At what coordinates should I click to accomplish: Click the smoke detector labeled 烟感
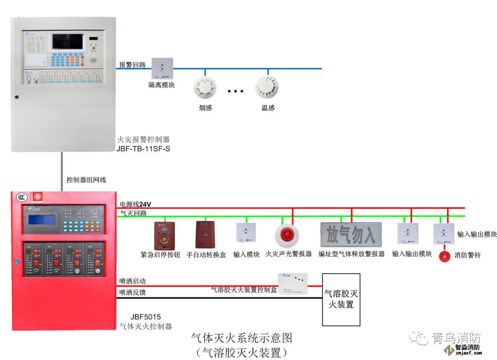point(205,87)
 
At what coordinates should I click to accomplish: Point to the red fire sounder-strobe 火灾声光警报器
point(287,235)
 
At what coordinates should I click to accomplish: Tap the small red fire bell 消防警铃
point(444,255)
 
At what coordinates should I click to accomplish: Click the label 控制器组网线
point(86,180)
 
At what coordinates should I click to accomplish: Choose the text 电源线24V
point(135,204)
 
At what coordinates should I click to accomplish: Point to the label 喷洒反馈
point(133,292)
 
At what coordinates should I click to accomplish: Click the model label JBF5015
point(145,316)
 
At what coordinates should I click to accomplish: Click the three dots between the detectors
point(235,91)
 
